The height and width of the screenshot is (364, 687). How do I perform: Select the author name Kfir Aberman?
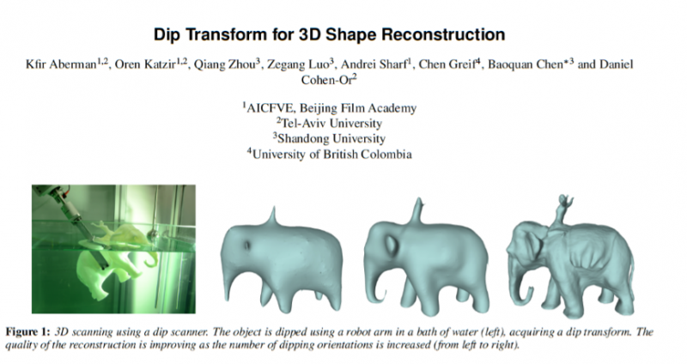61,64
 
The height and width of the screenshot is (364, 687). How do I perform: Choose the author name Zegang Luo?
297,64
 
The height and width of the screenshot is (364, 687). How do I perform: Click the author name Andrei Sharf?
374,64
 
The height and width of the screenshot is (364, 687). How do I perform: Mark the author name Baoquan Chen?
526,64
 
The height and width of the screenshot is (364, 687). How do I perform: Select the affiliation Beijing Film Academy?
358,108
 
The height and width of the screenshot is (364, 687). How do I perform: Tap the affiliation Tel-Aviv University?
331,123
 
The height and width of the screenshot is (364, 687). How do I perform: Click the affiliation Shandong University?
331,138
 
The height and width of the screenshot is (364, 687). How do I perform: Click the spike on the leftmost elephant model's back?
273,216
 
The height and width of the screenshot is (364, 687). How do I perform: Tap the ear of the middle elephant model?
392,246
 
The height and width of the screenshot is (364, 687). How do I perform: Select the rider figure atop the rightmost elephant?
562,211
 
